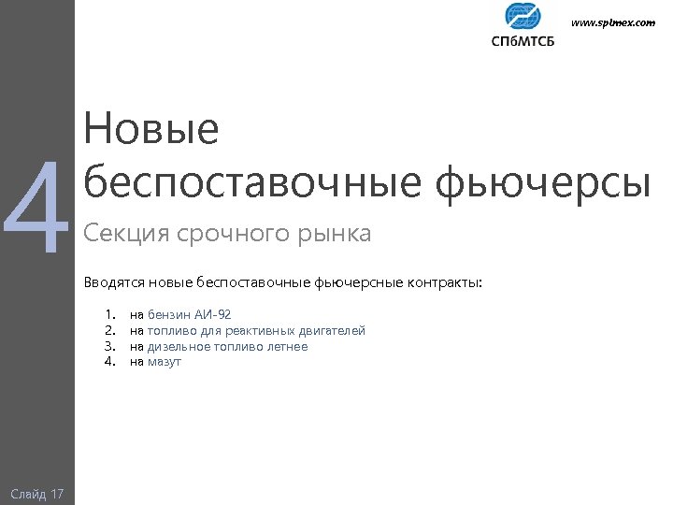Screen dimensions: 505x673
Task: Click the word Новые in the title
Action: [150, 130]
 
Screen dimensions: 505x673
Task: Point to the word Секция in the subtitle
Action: [121, 233]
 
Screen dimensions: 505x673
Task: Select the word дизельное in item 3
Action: [179, 346]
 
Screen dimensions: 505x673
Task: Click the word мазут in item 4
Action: [165, 362]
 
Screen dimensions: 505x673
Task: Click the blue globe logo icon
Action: [522, 17]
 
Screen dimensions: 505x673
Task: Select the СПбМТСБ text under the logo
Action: [522, 40]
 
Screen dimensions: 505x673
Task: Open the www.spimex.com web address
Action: [613, 22]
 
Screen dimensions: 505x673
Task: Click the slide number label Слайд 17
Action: [37, 493]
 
